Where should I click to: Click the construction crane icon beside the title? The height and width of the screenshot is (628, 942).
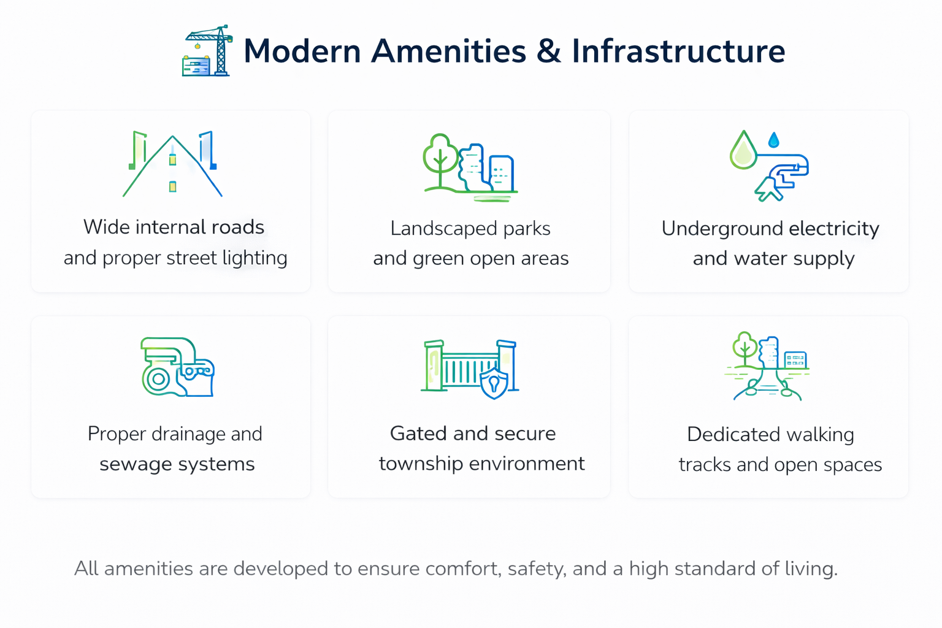207,50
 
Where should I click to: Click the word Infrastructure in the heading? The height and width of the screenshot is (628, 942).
678,52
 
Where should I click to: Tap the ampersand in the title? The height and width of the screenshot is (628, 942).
549,52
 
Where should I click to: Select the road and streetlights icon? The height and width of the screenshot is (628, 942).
172,164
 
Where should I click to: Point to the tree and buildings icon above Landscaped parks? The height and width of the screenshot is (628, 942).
470,168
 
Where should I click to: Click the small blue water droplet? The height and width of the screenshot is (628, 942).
774,140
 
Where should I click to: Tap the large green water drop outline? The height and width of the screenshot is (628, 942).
743,150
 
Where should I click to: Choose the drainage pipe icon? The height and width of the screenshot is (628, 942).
178,367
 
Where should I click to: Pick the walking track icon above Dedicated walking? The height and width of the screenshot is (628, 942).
767,366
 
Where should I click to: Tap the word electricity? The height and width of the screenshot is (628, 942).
834,229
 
